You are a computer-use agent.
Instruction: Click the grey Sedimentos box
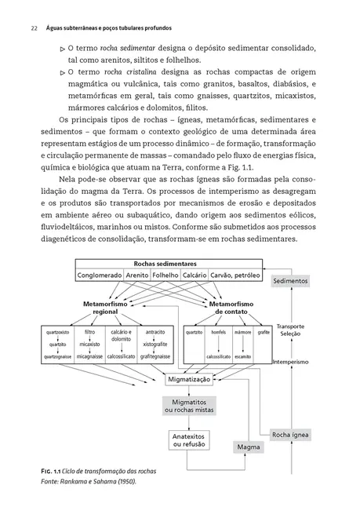[291, 280]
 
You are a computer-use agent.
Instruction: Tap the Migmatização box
[190, 379]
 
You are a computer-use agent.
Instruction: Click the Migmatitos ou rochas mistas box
[190, 405]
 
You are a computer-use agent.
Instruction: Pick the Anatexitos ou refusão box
[190, 440]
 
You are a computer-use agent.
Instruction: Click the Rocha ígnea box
[291, 434]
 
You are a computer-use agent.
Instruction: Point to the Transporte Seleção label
[291, 330]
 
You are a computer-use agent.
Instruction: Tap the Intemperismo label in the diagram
[291, 362]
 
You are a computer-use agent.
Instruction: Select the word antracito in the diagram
[155, 333]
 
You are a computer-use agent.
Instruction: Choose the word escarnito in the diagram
[242, 356]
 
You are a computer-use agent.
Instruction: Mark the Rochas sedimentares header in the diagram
[165, 264]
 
